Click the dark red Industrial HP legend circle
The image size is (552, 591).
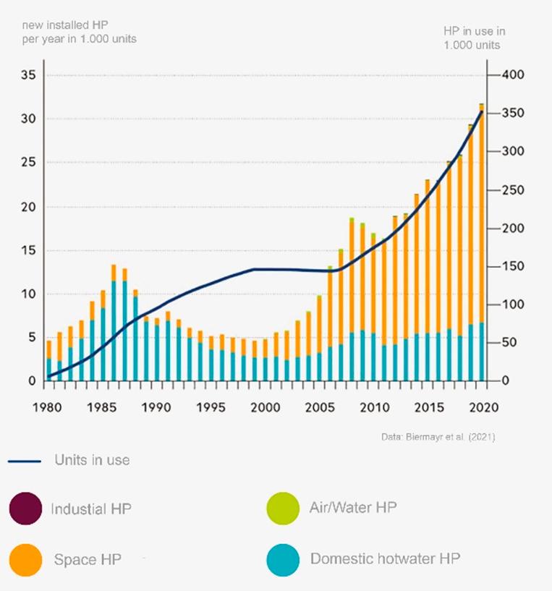click(x=26, y=509)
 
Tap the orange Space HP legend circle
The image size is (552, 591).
click(x=26, y=560)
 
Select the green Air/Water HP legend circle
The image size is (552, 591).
click(x=282, y=509)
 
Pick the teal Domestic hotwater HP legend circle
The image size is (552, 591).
click(x=282, y=560)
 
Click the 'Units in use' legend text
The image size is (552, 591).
click(x=92, y=460)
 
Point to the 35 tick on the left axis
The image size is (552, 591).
click(x=27, y=75)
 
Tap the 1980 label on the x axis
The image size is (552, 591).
click(x=46, y=407)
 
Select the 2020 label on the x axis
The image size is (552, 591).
click(x=482, y=407)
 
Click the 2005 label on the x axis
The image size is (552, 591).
click(x=318, y=407)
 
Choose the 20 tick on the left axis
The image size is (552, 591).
click(x=27, y=207)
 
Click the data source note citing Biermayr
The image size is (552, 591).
click(x=438, y=437)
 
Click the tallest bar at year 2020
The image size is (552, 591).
click(x=482, y=246)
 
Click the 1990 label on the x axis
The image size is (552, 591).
click(x=155, y=407)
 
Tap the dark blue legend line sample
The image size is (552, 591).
click(x=25, y=461)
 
